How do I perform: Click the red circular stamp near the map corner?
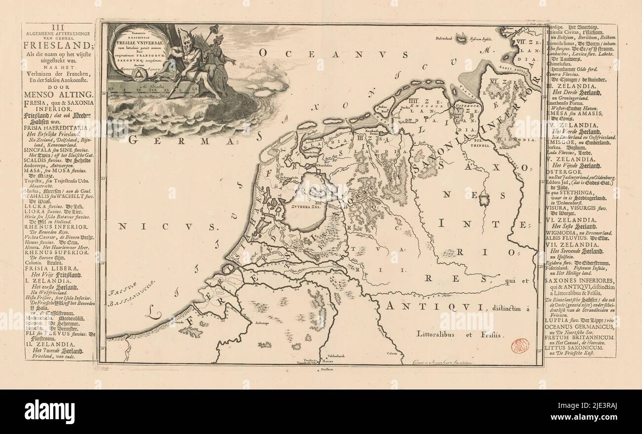point(520,345)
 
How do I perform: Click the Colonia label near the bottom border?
point(393,353)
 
